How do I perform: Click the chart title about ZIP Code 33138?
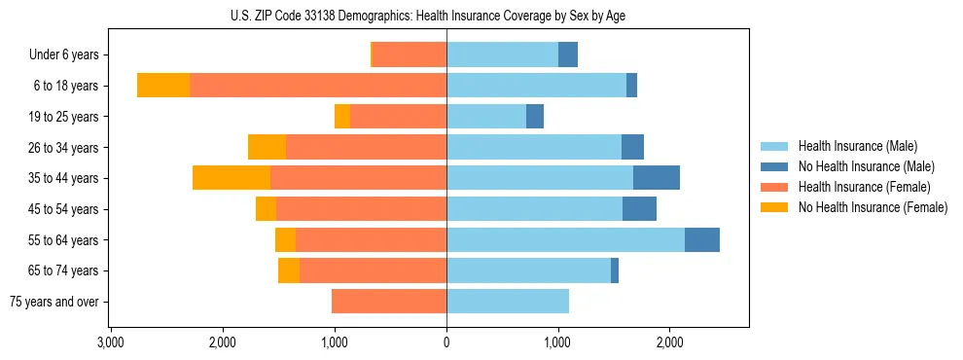pyautogui.click(x=446, y=15)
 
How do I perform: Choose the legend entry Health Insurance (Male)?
pyautogui.click(x=858, y=146)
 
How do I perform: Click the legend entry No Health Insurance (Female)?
pyautogui.click(x=873, y=207)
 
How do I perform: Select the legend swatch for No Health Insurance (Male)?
pyautogui.click(x=774, y=166)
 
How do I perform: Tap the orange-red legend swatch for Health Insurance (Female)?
pyautogui.click(x=774, y=187)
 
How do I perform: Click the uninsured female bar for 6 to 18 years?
pyautogui.click(x=163, y=86)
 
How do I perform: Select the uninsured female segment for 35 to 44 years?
pyautogui.click(x=232, y=178)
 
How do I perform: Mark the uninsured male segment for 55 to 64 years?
pyautogui.click(x=702, y=239)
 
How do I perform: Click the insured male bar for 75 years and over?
pyautogui.click(x=508, y=302)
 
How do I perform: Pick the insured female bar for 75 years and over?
pyautogui.click(x=389, y=302)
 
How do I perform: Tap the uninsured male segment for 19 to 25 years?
pyautogui.click(x=535, y=117)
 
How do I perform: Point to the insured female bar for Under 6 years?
pyautogui.click(x=410, y=55)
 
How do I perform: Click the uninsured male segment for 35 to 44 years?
pyautogui.click(x=657, y=178)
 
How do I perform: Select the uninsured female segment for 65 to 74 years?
pyautogui.click(x=289, y=270)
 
